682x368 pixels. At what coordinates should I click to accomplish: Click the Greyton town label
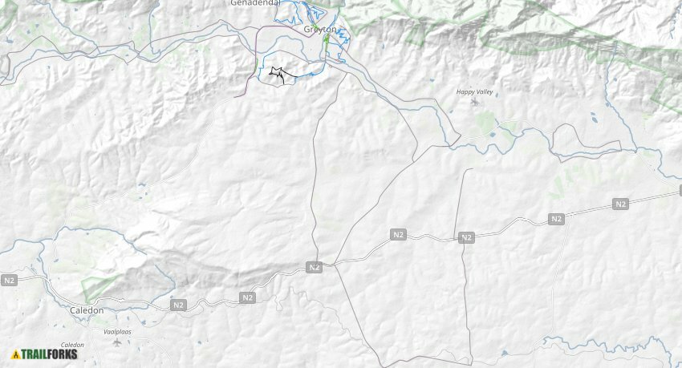pos(319,30)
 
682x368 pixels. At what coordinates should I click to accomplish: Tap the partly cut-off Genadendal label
pos(256,3)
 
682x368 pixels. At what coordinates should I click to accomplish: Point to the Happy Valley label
pos(474,92)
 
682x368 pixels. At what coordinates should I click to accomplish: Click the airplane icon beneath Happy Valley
pos(473,102)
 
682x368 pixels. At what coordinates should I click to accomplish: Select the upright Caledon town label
pos(87,310)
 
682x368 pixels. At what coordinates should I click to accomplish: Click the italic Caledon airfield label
pos(72,345)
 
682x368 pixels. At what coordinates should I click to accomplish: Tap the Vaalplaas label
pos(117,331)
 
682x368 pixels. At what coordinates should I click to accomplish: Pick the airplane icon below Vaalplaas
pos(119,342)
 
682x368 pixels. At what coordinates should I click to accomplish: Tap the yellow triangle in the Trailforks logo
pos(16,354)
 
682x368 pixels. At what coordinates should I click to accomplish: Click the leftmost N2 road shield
pos(9,281)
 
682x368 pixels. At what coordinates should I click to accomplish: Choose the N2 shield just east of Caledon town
pos(178,305)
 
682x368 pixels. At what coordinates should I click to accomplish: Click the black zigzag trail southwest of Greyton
pos(278,75)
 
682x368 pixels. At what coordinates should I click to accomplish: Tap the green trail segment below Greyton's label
pos(327,39)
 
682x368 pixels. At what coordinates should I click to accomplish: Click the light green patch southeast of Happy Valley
pos(485,122)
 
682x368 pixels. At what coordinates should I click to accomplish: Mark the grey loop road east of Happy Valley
pos(586,142)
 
